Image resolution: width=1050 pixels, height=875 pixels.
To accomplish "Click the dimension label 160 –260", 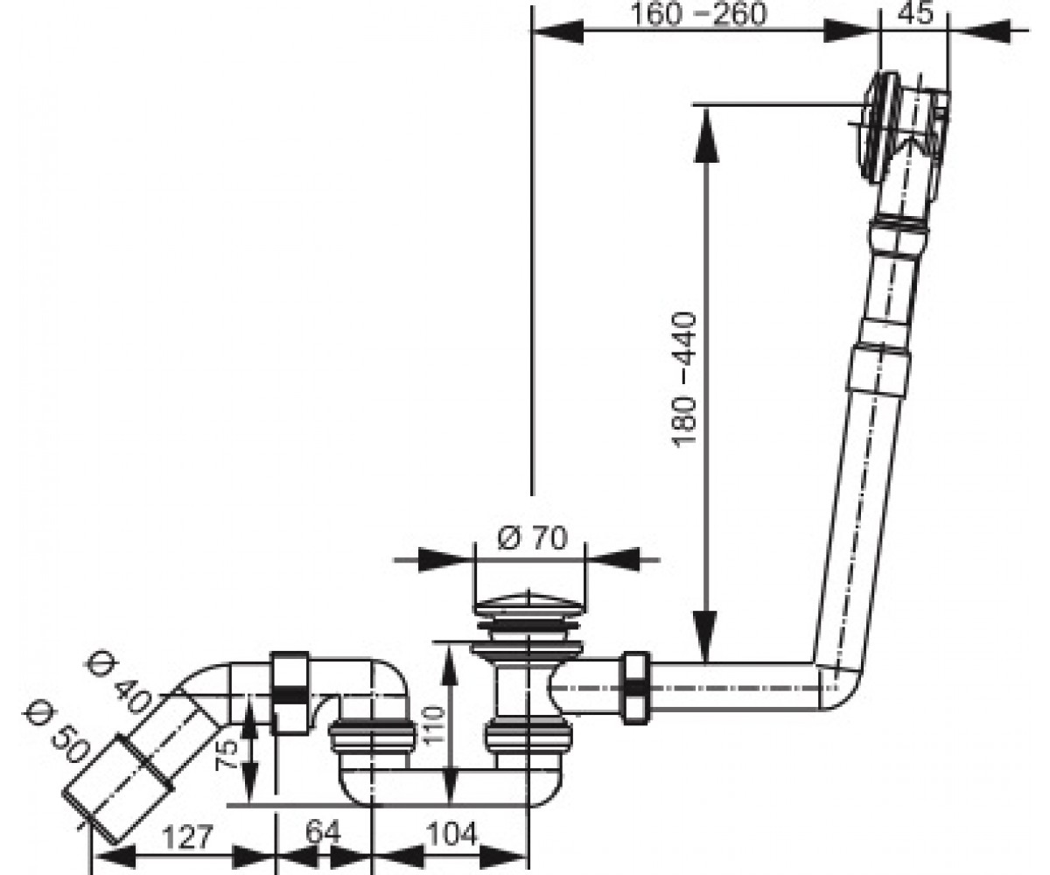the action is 698,14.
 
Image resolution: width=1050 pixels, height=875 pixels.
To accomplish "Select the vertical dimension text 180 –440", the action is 684,379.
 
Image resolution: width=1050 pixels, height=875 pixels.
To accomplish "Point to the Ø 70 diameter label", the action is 533,537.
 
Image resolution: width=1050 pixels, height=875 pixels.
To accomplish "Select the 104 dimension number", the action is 451,834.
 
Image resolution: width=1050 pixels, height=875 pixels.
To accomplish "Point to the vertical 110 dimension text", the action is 433,725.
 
